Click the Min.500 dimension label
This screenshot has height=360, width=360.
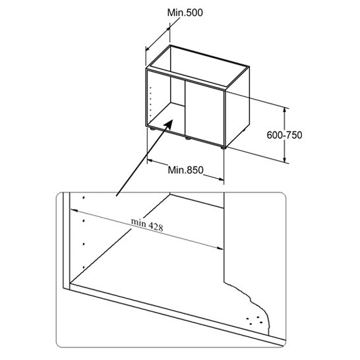(185, 13)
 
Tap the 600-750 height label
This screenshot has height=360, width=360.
(284, 135)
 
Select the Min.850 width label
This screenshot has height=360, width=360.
(185, 170)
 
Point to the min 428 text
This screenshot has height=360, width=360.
(147, 225)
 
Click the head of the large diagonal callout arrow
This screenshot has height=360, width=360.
(169, 123)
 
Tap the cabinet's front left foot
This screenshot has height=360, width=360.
(152, 129)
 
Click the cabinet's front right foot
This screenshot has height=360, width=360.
(223, 148)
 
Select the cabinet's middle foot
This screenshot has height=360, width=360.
(188, 138)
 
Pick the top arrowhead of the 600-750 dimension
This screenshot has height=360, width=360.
(284, 109)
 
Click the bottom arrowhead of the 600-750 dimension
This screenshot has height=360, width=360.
(284, 160)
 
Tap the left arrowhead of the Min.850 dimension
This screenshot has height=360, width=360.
(150, 161)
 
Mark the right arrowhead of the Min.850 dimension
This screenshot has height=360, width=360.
(221, 179)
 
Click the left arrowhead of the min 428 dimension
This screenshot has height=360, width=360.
(73, 210)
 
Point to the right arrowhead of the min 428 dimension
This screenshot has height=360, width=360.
(220, 248)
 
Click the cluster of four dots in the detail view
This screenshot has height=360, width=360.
(255, 320)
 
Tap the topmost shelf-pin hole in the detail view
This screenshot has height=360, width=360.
(84, 197)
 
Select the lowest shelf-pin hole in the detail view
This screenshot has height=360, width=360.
(84, 267)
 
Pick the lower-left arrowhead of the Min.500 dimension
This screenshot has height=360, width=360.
(148, 49)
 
